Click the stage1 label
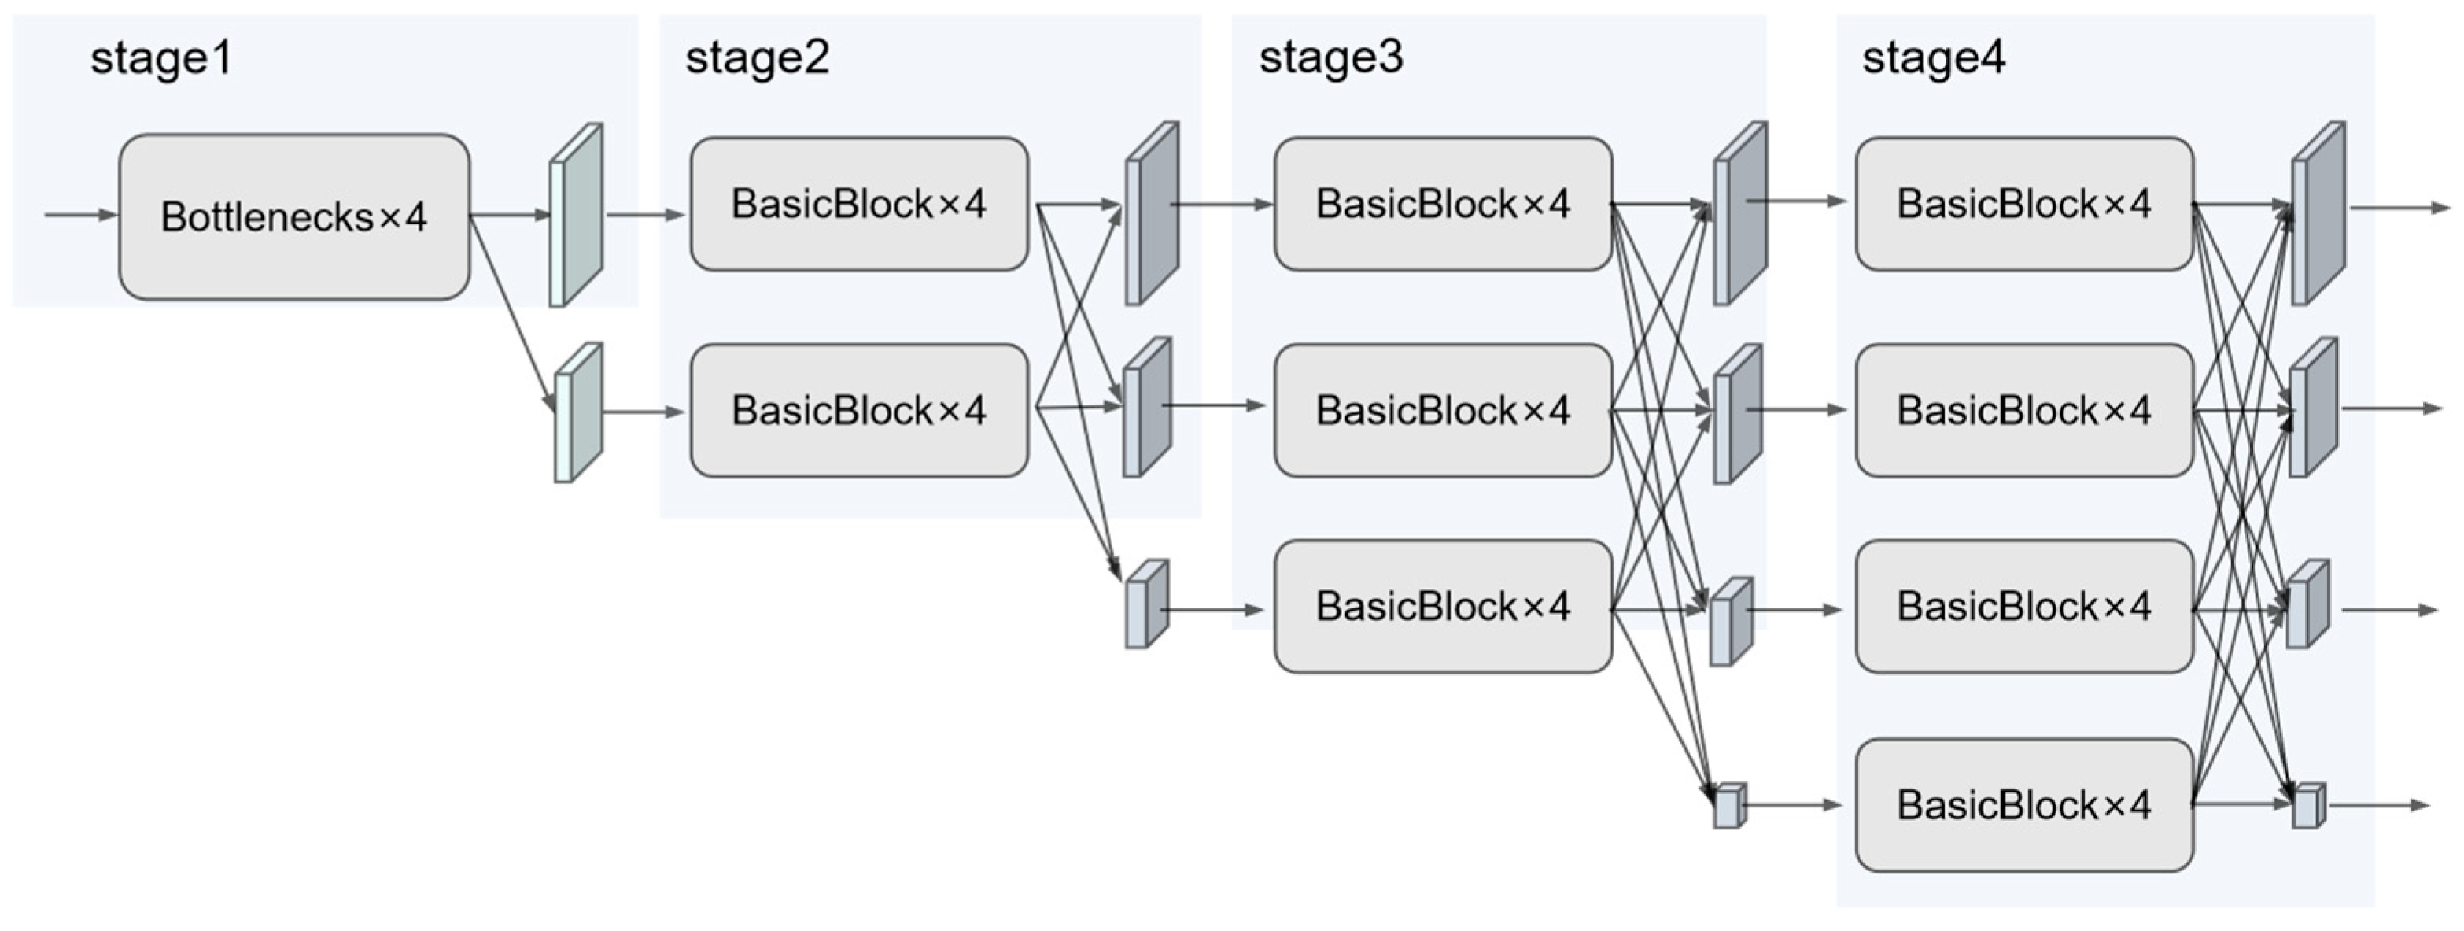pyautogui.click(x=160, y=58)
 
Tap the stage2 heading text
pyautogui.click(x=757, y=57)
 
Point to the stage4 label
pyautogui.click(x=1932, y=57)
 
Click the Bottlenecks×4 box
pyautogui.click(x=293, y=217)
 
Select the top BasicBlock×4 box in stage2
pyautogui.click(x=858, y=204)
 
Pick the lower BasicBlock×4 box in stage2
pyautogui.click(x=858, y=411)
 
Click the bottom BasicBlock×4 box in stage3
pyautogui.click(x=1442, y=607)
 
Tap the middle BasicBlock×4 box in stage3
pyautogui.click(x=1442, y=411)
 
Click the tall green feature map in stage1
pyautogui.click(x=576, y=216)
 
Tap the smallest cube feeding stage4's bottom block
pyautogui.click(x=1728, y=806)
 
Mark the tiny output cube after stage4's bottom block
pyautogui.click(x=2307, y=806)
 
